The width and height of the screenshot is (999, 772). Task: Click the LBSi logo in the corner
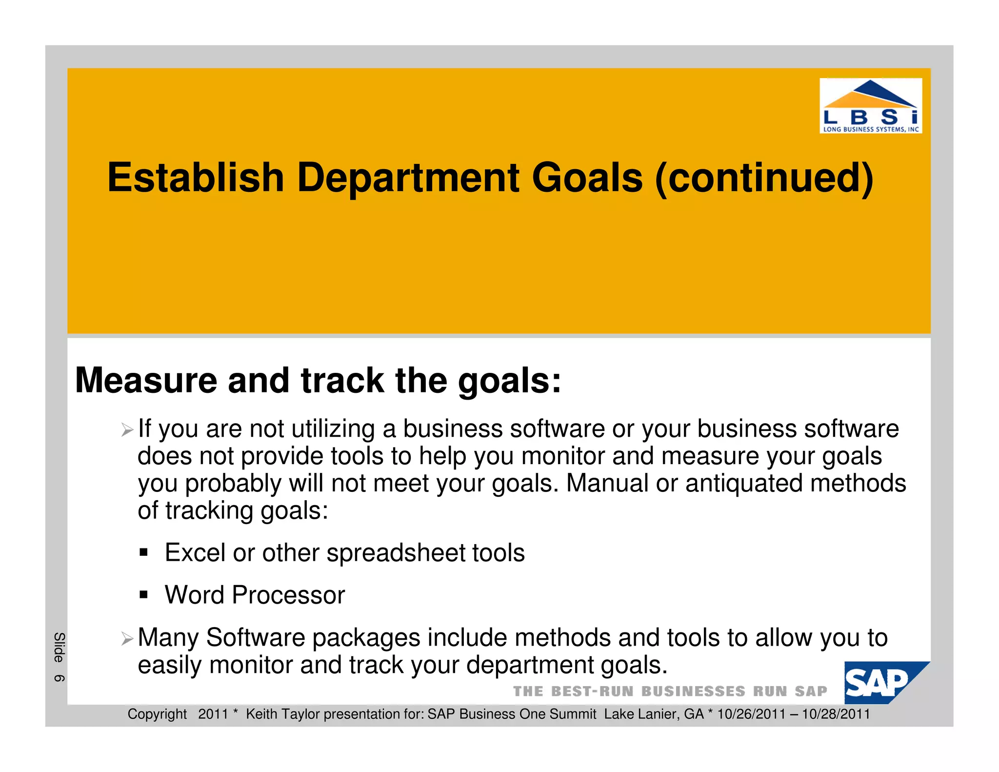click(870, 105)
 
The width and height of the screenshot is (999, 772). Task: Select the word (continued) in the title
click(764, 178)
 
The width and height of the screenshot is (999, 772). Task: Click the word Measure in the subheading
click(146, 380)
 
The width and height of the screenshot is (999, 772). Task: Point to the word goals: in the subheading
click(510, 381)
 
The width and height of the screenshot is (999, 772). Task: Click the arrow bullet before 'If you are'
click(127, 430)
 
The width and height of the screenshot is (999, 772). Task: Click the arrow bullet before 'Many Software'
click(127, 638)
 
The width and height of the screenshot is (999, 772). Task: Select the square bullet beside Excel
click(143, 553)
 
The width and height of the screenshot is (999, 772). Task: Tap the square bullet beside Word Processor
click(143, 595)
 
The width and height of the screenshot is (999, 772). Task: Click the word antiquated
click(744, 484)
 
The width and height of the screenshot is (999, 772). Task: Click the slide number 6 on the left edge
click(59, 678)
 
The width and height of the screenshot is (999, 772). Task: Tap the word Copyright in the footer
click(157, 714)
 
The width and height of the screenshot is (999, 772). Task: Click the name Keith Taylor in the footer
click(283, 714)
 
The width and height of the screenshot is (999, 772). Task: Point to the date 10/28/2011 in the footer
click(836, 714)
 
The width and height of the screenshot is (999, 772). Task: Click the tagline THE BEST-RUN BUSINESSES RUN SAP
click(670, 691)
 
